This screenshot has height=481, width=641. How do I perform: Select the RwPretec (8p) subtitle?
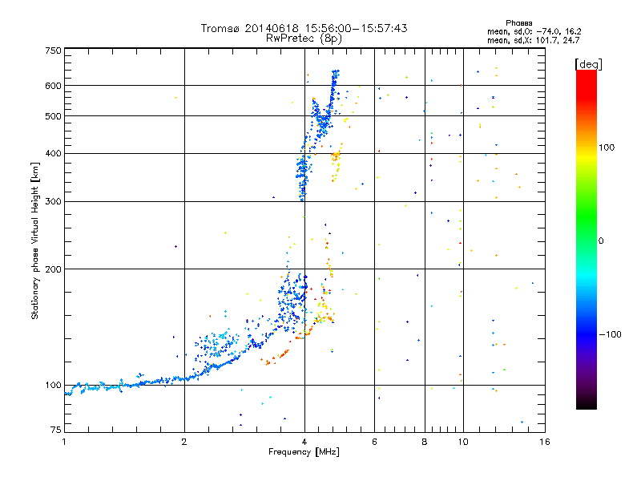pos(304,38)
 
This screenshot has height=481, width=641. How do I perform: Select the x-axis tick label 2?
pos(184,442)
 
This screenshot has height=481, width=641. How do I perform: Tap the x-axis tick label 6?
pos(374,442)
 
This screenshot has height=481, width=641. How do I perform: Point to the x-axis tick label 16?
pos(545,442)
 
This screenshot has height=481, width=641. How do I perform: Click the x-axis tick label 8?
pos(425,442)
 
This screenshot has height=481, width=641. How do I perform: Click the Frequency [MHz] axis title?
pos(304,452)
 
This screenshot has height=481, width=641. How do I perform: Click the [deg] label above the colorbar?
pos(588,63)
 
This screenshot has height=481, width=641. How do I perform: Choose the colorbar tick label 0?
pos(603,240)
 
